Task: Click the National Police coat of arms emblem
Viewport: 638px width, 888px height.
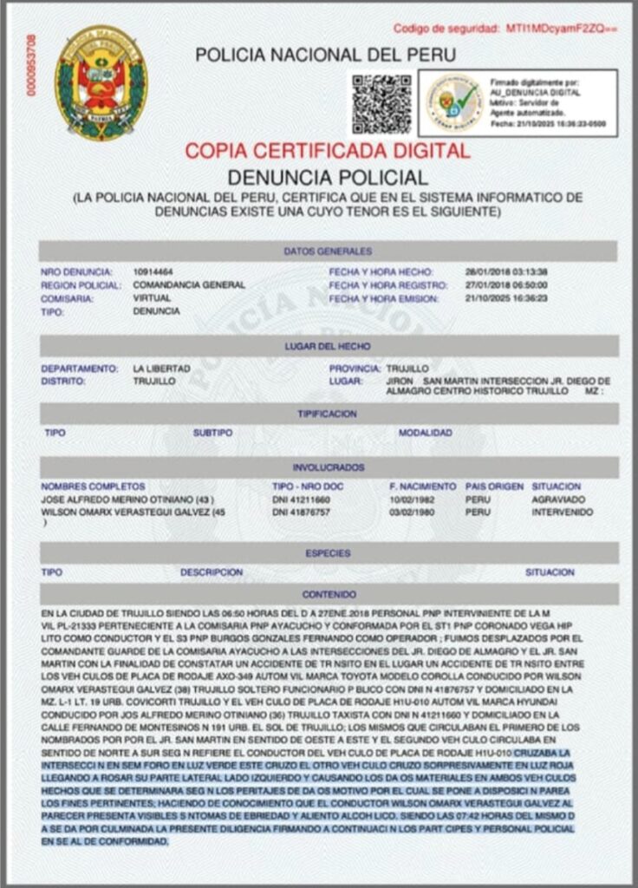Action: click(x=101, y=82)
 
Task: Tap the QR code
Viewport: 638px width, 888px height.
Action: click(x=381, y=104)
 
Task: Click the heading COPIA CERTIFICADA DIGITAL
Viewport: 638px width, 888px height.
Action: click(x=328, y=150)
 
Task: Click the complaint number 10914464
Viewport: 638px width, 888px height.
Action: click(x=153, y=271)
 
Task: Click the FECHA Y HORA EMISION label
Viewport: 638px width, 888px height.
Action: click(x=381, y=298)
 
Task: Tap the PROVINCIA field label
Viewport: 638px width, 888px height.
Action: click(x=355, y=369)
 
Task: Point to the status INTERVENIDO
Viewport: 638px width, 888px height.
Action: click(x=563, y=513)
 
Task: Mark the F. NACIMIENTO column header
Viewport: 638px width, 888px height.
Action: click(x=422, y=486)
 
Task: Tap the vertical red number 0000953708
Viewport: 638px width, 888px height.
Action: click(x=32, y=65)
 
